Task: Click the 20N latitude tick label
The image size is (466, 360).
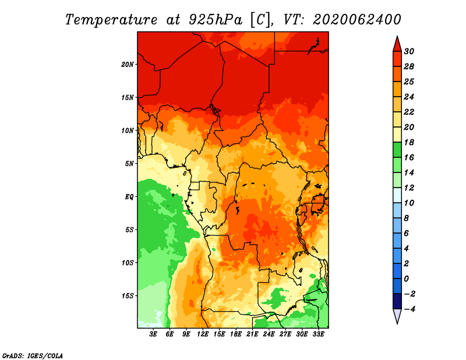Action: [128, 65]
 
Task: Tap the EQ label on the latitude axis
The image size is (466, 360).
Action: [129, 197]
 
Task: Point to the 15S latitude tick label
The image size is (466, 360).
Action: [128, 296]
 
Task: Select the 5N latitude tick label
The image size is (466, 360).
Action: [129, 164]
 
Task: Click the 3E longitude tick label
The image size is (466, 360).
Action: [153, 334]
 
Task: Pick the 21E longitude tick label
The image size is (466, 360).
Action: [252, 334]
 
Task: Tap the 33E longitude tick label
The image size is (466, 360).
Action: [318, 334]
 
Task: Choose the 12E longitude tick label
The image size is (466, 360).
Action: [203, 334]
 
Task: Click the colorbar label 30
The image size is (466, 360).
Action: [409, 51]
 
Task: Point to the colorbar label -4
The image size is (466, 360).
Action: [409, 309]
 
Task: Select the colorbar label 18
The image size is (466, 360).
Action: [409, 142]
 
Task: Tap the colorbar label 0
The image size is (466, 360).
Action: [406, 279]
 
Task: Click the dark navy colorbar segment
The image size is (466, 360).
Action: [397, 301]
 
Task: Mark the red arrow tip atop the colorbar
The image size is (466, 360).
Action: [397, 36]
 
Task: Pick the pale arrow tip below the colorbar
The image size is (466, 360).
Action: [397, 323]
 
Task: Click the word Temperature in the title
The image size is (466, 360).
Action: [111, 20]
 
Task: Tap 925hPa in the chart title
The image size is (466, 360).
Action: [216, 20]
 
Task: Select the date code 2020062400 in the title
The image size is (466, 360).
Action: [356, 20]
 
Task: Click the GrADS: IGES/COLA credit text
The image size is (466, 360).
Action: [33, 356]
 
